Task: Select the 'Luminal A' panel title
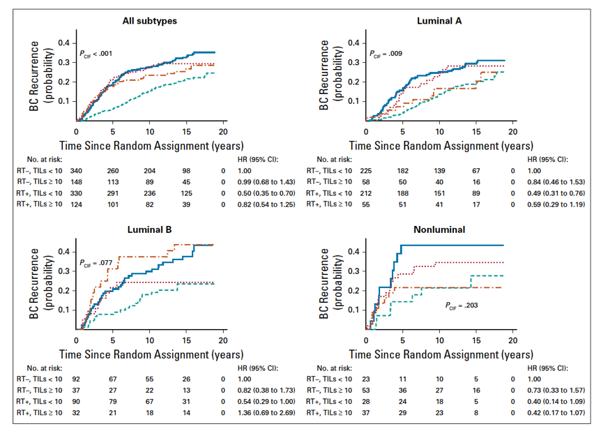click(439, 21)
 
